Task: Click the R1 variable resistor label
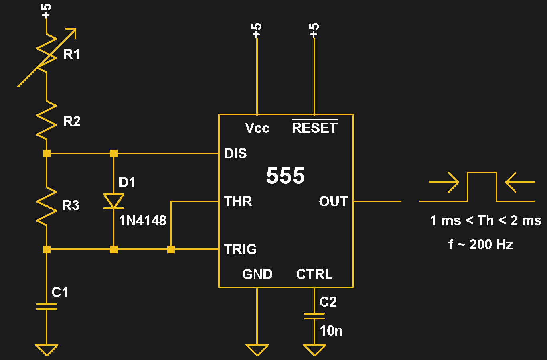(71, 54)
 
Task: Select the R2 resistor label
(72, 121)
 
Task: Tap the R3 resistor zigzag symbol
(47, 205)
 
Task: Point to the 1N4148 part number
(142, 220)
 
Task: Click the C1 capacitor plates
(47, 307)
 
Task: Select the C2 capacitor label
(328, 302)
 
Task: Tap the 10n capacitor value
(331, 331)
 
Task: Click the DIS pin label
(235, 153)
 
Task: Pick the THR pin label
(238, 201)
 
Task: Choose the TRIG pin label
(241, 249)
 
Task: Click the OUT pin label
(333, 201)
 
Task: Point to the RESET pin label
(314, 128)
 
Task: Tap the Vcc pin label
(257, 128)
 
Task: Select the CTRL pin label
(314, 274)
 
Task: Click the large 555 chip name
(286, 176)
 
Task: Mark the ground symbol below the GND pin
(257, 350)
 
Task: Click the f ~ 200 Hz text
(480, 244)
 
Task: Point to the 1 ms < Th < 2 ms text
(486, 220)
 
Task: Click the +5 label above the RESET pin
(314, 30)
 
